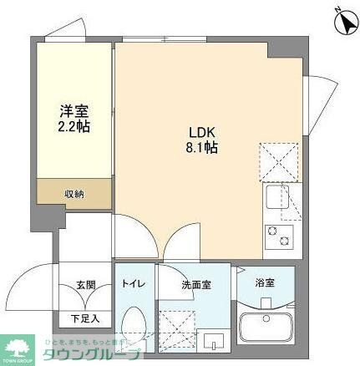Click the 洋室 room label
[x=74, y=111]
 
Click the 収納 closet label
[x=74, y=194]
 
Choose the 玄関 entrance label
[x=86, y=284]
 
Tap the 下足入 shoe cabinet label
[x=86, y=318]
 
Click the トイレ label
[x=134, y=284]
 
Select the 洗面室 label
[x=196, y=284]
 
